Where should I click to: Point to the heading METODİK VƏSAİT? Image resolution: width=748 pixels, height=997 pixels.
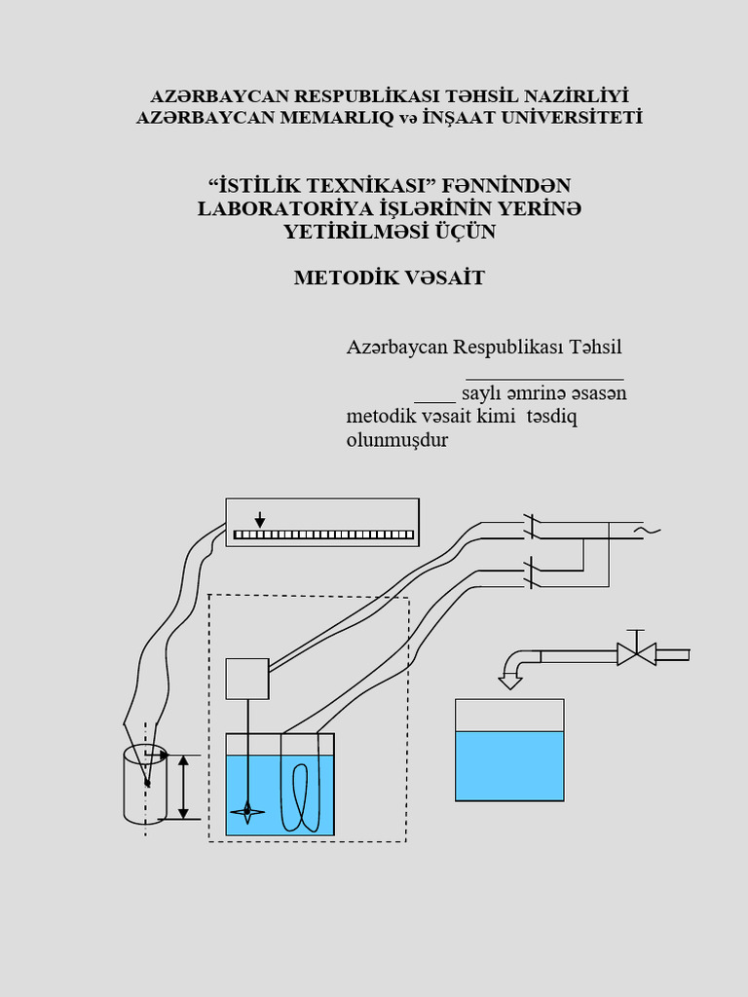coord(390,277)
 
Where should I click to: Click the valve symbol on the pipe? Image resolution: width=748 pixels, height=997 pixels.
coord(636,653)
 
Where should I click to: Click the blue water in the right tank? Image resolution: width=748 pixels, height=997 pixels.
coord(509,765)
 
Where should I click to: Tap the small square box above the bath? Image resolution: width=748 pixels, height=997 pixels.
coord(247,679)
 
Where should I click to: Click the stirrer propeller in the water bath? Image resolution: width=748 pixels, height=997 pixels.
coord(247,811)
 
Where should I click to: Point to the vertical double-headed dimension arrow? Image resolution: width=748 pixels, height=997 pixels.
coord(184,786)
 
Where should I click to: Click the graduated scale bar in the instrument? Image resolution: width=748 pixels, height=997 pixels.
coord(323,535)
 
